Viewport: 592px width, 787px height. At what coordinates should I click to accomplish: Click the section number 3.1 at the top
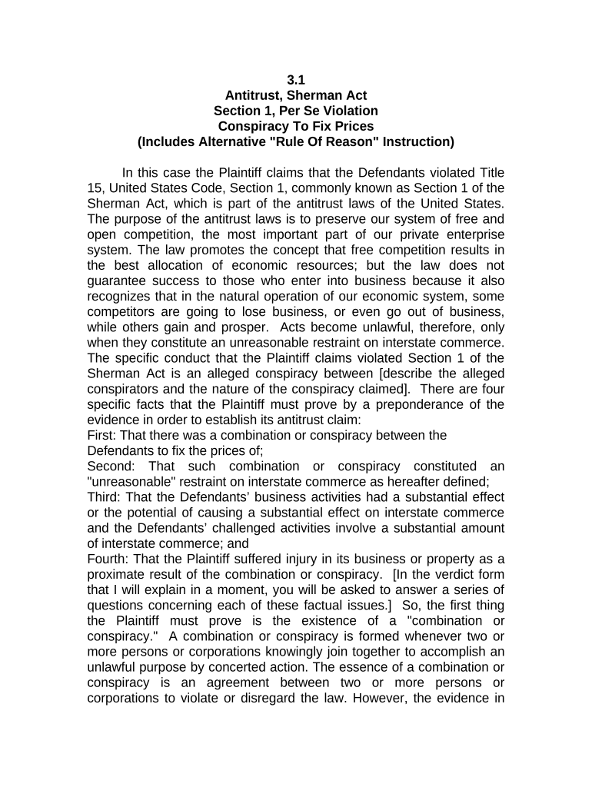click(295, 79)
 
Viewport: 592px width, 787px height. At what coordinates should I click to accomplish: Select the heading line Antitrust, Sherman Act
click(295, 95)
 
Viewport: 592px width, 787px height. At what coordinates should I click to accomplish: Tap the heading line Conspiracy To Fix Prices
click(295, 126)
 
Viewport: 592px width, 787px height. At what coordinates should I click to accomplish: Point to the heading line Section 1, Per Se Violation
click(295, 111)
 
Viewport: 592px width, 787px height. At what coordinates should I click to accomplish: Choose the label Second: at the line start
click(113, 467)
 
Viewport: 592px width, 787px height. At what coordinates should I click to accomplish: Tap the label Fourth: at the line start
click(110, 544)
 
